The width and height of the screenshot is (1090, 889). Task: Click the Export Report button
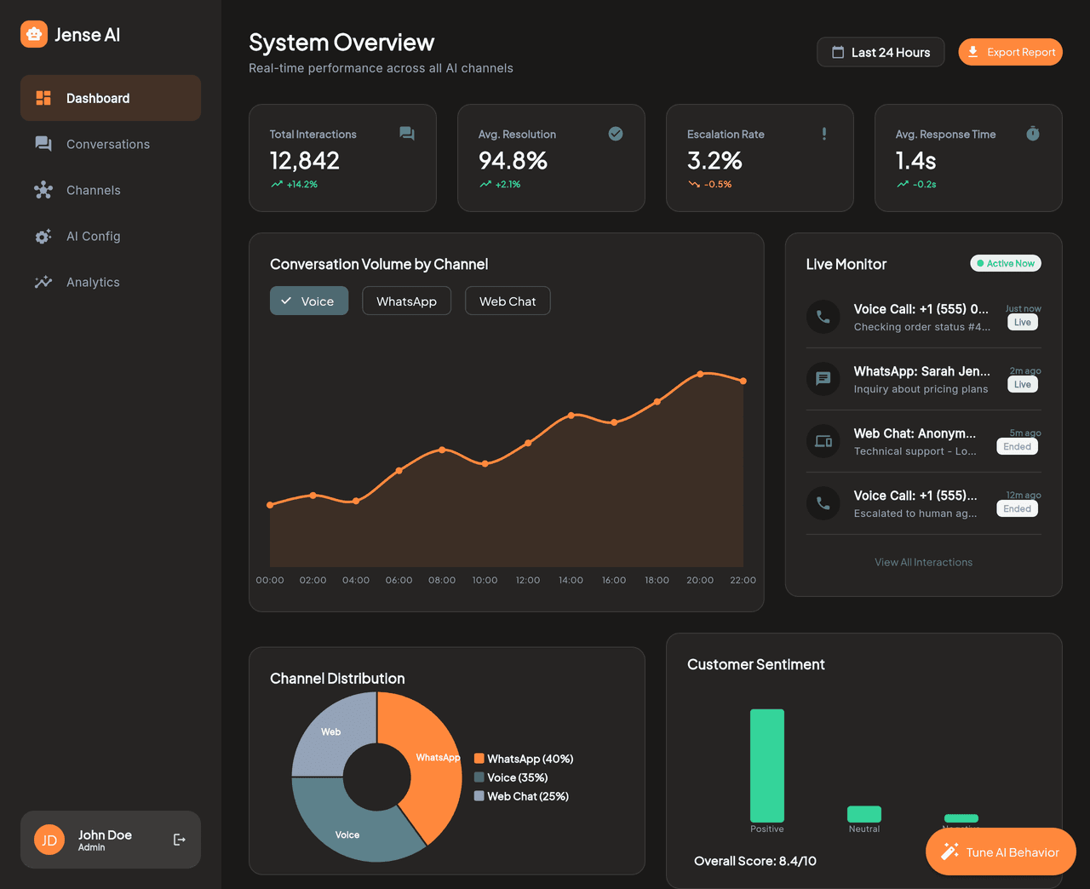pos(1010,52)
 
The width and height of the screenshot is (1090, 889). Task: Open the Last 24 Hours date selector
pos(881,52)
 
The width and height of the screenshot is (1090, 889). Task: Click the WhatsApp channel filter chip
pos(406,301)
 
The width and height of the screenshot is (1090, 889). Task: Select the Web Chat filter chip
pos(508,301)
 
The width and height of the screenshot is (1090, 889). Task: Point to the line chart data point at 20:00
pos(700,374)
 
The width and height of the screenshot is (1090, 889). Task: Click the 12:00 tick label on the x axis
pos(528,581)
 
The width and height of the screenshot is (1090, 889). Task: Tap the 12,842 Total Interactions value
pos(305,161)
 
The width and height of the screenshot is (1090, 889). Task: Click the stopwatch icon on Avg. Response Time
pos(1032,134)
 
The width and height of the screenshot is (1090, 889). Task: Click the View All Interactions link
pos(923,563)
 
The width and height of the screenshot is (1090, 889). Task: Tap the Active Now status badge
pos(1006,264)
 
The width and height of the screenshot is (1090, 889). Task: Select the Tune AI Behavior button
pos(1001,852)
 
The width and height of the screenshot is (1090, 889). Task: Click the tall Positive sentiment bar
pos(766,765)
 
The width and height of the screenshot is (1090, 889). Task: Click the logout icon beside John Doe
pos(180,840)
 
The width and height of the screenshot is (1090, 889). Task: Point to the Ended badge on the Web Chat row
pos(1017,447)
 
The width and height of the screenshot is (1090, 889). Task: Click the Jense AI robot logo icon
pos(34,34)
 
